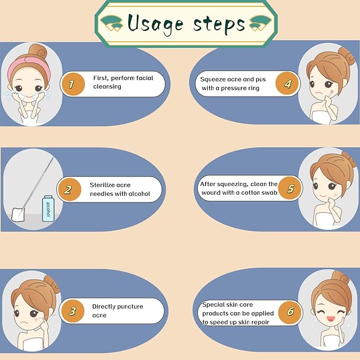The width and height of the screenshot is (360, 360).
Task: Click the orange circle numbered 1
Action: click(x=73, y=84)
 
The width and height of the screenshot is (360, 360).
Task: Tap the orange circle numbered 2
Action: click(x=69, y=189)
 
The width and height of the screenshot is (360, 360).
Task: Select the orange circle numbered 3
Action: click(x=73, y=311)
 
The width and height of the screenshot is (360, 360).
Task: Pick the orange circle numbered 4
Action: click(x=287, y=83)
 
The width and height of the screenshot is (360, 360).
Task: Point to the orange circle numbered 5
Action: click(x=290, y=188)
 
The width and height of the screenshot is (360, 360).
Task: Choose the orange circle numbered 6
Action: click(x=289, y=312)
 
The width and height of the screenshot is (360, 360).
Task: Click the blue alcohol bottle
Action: click(x=48, y=208)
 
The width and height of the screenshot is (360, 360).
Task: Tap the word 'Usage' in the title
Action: click(x=155, y=24)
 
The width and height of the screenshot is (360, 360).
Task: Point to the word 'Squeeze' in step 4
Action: click(x=213, y=80)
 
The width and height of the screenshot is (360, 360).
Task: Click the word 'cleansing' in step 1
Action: click(x=107, y=87)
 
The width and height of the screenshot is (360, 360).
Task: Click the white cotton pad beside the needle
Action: click(x=18, y=214)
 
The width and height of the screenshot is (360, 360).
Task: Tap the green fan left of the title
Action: click(x=112, y=23)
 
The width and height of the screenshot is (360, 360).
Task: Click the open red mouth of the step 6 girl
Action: click(x=331, y=319)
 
